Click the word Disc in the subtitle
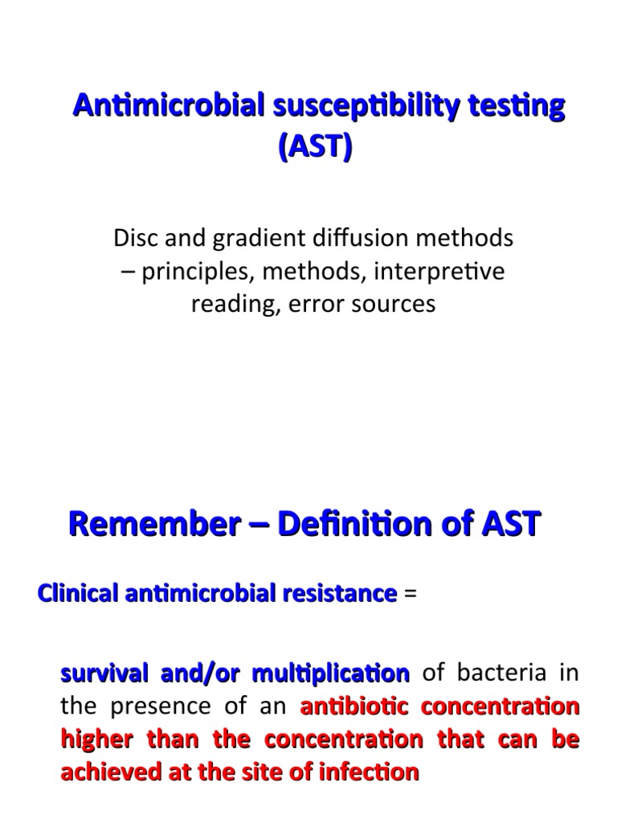133,238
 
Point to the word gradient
250,238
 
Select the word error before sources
344,305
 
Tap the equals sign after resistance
411,594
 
